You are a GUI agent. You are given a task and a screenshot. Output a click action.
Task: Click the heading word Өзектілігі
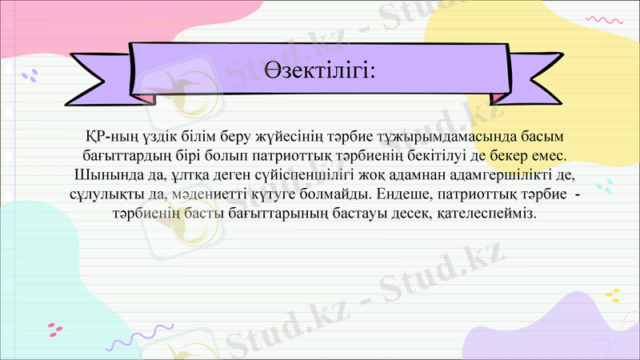click(x=319, y=71)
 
